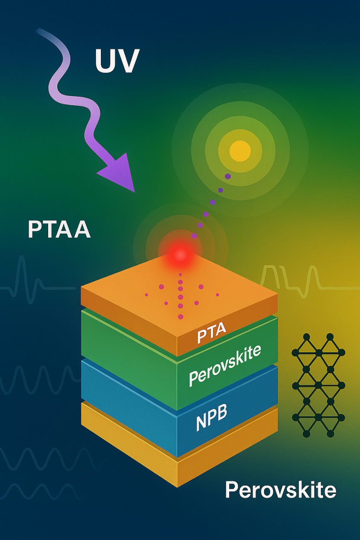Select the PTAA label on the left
(59, 229)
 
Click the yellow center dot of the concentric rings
(240, 150)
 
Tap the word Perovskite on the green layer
(225, 365)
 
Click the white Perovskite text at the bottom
(280, 490)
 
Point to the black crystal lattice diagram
(318, 385)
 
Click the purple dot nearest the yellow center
(228, 177)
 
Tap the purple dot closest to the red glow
(194, 236)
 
